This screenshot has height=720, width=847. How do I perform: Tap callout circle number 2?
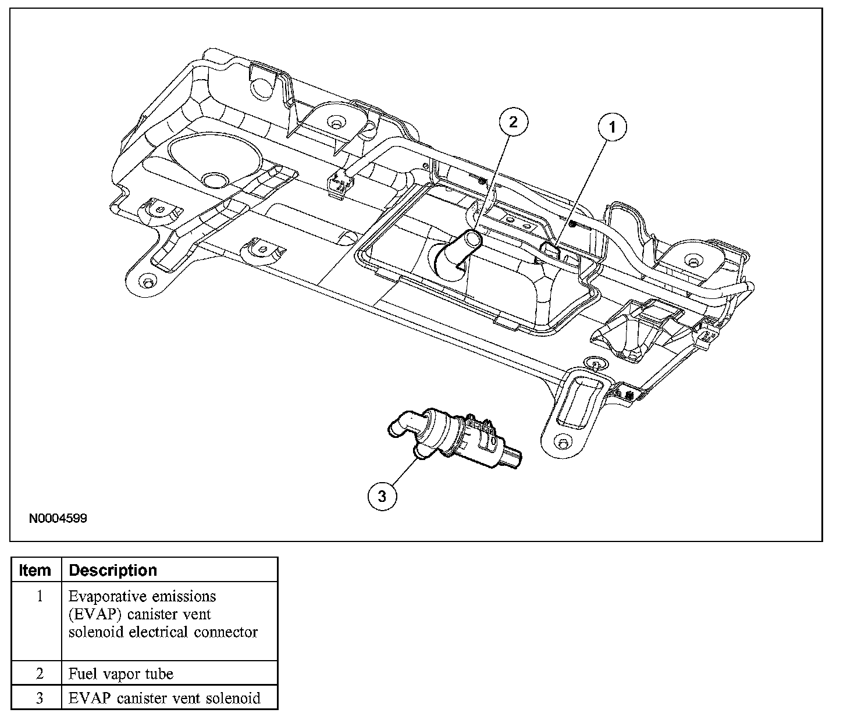513,122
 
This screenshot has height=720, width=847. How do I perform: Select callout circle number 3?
382,496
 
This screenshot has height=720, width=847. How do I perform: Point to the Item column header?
35,570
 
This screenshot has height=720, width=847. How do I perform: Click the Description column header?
113,570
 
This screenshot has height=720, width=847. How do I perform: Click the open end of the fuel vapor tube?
472,238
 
